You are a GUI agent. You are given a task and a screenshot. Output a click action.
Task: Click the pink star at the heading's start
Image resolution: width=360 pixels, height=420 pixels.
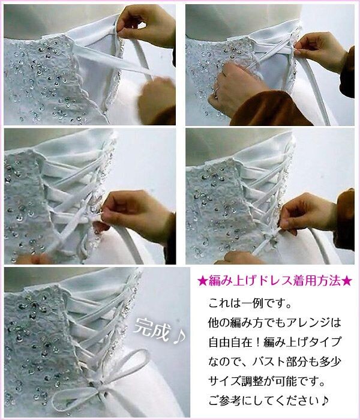(202, 281)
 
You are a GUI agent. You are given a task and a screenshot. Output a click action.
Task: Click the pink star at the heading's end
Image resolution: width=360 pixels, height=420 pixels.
(347, 281)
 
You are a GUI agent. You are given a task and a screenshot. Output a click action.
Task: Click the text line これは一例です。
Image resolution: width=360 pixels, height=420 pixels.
(250, 304)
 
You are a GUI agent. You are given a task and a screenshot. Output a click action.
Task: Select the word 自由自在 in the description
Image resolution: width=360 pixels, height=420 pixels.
(230, 342)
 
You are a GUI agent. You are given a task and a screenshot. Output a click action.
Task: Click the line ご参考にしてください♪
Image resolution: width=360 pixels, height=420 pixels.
(268, 401)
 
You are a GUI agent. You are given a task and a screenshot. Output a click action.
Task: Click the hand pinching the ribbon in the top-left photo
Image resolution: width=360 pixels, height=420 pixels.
(146, 25)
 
